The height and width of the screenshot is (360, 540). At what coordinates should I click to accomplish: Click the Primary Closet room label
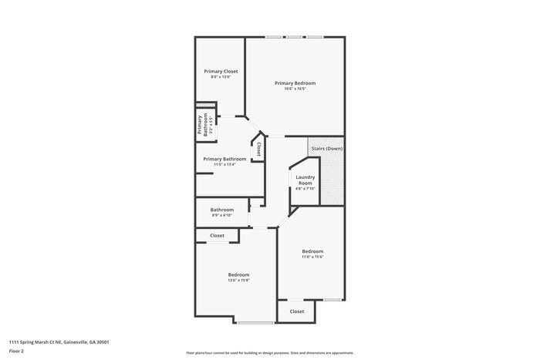coord(220,71)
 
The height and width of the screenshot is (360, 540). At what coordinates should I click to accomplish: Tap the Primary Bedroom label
coord(295,82)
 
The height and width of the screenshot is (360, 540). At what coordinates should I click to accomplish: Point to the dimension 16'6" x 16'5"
coord(295,89)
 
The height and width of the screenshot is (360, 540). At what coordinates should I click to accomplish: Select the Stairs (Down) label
coord(326,148)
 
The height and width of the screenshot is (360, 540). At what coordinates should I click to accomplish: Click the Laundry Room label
coord(305,180)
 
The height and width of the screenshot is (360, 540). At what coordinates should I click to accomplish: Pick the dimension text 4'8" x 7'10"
coord(305,189)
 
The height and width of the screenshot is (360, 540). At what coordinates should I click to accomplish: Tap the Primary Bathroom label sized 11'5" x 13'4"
coord(224,159)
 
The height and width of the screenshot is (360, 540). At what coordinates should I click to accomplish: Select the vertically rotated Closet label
coord(258,148)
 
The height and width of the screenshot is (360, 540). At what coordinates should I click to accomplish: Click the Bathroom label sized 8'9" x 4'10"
coord(222,209)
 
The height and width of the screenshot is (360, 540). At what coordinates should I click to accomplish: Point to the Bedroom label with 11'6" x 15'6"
coord(312,251)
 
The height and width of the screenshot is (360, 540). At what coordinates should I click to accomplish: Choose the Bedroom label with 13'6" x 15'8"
coord(238,274)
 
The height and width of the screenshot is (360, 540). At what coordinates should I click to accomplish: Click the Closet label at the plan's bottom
coord(297,311)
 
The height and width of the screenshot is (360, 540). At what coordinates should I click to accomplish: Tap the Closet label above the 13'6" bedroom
coord(218,235)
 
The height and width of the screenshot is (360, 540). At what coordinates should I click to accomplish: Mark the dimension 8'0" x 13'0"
coord(220,77)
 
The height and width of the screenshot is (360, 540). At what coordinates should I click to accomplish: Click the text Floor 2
coord(17,351)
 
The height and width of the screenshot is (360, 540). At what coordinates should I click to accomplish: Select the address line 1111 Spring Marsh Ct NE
coord(59,341)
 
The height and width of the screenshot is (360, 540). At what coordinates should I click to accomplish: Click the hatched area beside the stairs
coord(332,180)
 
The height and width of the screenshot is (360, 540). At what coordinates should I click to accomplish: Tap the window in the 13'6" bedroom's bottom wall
coord(255,321)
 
